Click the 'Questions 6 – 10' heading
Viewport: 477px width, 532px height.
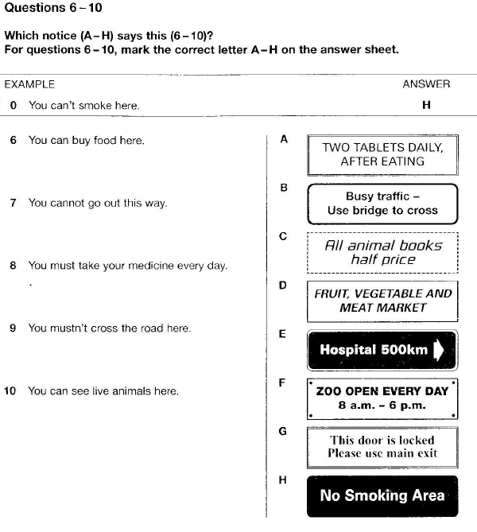coord(53,8)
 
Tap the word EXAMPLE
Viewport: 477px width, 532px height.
coord(29,83)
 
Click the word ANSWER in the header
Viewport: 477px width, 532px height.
coord(426,83)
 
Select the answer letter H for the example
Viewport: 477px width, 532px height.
coord(426,105)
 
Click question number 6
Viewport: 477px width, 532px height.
coord(13,140)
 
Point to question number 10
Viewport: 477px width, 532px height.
coord(10,390)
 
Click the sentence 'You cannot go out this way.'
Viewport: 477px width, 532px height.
coord(98,203)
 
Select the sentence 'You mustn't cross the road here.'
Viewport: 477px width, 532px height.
coord(110,328)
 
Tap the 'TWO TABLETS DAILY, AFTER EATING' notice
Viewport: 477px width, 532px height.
coord(382,154)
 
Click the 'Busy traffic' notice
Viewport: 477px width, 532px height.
coord(382,204)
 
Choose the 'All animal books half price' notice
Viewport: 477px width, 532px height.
coord(382,253)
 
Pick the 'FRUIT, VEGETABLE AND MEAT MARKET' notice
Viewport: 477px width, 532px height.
coord(382,301)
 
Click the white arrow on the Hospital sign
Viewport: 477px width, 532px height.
coord(438,351)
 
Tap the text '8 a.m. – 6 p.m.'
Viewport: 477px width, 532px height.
coord(382,405)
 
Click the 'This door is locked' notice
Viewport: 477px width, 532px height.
coord(382,447)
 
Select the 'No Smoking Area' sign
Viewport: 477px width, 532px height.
coord(382,496)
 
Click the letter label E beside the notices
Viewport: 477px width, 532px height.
coord(282,335)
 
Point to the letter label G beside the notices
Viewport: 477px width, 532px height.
coord(282,431)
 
